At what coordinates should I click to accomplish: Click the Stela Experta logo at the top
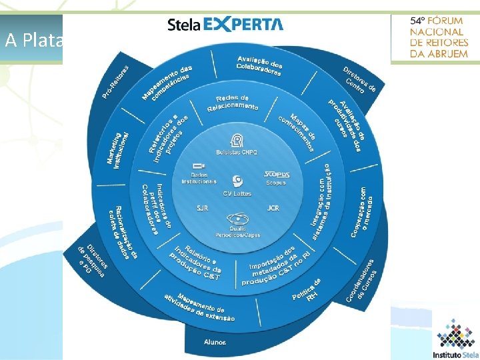[x=225, y=25]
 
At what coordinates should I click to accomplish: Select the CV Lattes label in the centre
[x=237, y=193]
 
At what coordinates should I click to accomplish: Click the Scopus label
[x=276, y=182]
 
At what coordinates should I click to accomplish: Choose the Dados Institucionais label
[x=199, y=179]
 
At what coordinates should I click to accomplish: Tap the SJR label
[x=202, y=209]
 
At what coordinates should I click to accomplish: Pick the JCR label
[x=273, y=209]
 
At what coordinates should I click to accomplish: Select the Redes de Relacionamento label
[x=233, y=103]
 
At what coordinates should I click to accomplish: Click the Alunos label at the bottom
[x=215, y=342]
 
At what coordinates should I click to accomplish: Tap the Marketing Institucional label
[x=117, y=149]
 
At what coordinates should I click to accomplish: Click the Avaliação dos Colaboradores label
[x=260, y=66]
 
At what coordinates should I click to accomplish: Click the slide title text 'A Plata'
[x=33, y=40]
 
